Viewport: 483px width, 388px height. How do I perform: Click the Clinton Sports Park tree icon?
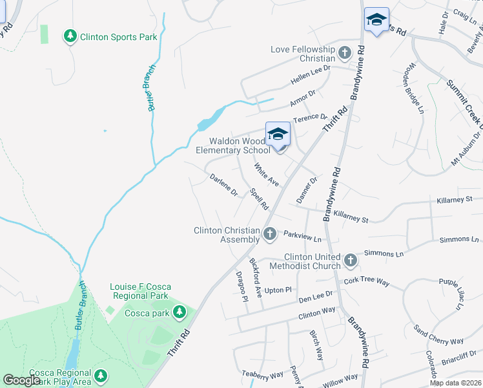click(70, 36)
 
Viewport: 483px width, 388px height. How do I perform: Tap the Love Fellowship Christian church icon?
click(345, 52)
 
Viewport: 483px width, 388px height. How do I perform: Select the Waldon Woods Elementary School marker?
click(278, 135)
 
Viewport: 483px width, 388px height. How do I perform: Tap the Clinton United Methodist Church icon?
click(351, 260)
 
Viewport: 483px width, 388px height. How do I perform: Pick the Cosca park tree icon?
click(179, 313)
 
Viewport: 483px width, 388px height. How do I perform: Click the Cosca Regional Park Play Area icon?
click(100, 376)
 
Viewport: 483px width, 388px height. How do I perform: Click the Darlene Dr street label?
click(223, 184)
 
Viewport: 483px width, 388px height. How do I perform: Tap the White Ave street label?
click(266, 174)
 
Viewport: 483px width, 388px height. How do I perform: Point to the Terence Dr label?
click(310, 118)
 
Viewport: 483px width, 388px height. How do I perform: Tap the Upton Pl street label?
click(278, 290)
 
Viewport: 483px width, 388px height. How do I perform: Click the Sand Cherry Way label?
click(438, 333)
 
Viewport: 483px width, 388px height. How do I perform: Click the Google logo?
click(22, 380)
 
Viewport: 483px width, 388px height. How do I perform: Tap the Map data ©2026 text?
click(455, 383)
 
